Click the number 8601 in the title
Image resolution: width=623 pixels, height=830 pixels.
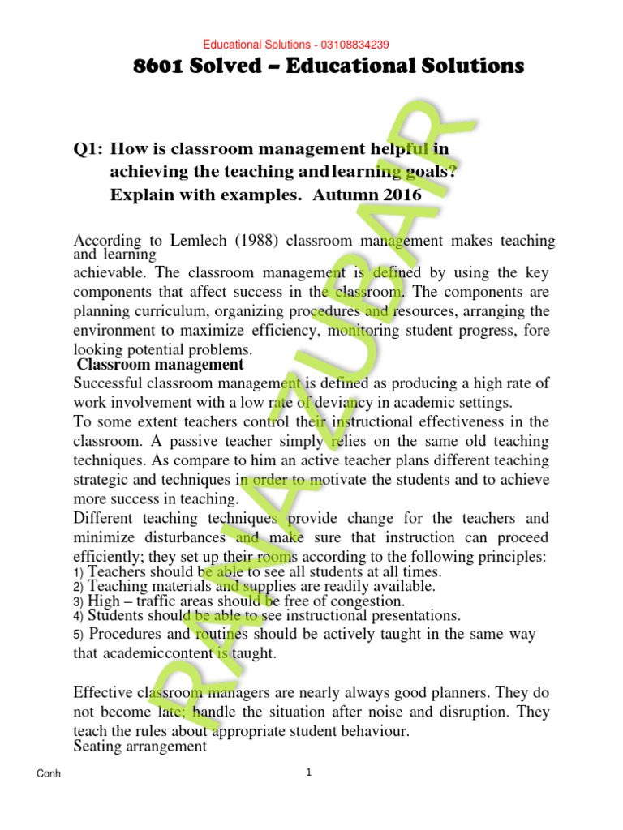click(x=159, y=66)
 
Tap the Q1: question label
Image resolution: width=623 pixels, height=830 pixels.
click(x=88, y=149)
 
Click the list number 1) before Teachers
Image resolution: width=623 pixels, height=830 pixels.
click(x=79, y=572)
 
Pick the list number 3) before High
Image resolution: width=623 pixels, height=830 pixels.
click(x=79, y=601)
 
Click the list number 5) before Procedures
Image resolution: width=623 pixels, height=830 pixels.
click(x=79, y=635)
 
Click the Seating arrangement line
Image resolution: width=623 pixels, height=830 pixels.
click(x=140, y=746)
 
